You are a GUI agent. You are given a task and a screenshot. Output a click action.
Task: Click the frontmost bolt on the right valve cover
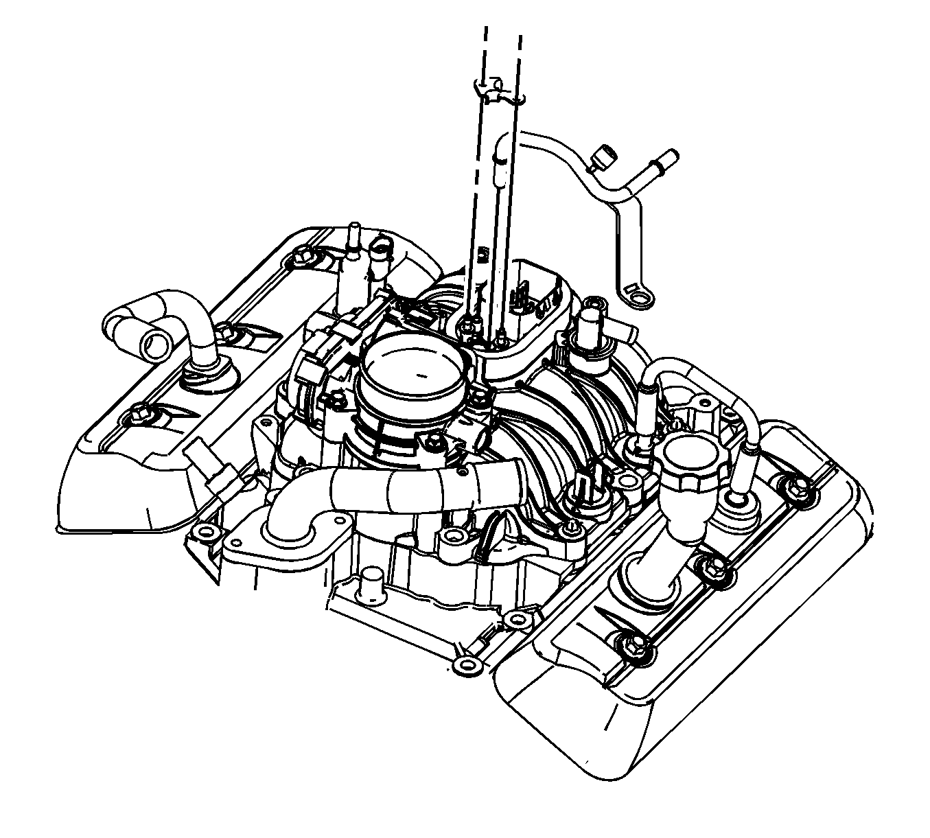(630, 643)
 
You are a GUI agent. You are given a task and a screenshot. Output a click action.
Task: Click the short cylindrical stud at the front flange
(371, 581)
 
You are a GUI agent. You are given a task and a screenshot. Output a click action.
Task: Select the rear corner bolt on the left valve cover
(301, 259)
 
